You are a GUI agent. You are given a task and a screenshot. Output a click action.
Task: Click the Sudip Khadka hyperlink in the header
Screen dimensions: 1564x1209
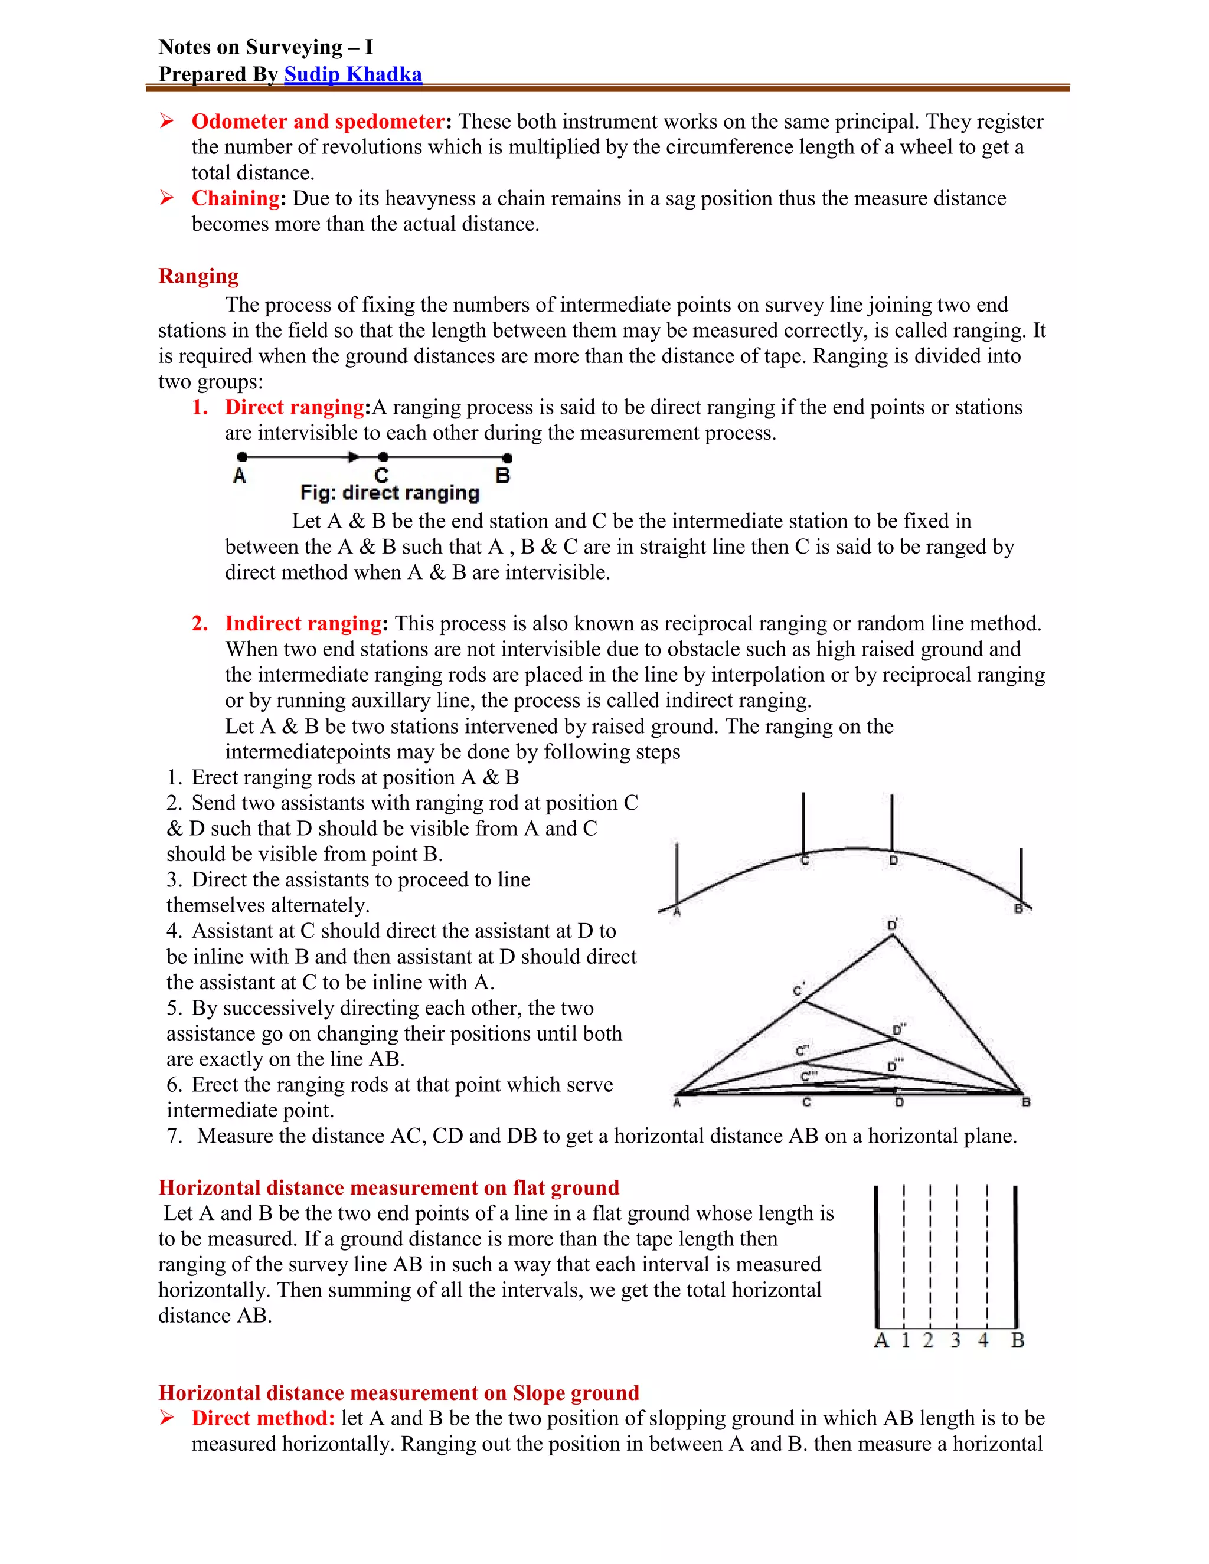point(352,74)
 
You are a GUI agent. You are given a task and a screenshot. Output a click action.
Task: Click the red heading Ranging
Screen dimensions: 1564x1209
point(198,276)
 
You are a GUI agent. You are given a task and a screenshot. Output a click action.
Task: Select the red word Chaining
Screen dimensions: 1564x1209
point(236,198)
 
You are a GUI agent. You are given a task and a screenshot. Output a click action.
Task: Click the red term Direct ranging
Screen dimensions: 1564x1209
point(295,407)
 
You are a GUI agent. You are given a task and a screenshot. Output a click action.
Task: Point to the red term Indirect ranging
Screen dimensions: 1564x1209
point(303,623)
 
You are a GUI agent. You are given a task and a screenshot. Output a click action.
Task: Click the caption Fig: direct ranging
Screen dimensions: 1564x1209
point(389,493)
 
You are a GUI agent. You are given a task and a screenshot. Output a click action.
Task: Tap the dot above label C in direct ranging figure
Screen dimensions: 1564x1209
point(383,457)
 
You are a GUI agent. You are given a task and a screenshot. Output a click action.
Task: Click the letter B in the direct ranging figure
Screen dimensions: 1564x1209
point(503,476)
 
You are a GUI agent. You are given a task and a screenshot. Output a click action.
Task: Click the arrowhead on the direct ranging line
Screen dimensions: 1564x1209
point(353,457)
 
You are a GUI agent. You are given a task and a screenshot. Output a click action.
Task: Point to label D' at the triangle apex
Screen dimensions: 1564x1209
point(893,924)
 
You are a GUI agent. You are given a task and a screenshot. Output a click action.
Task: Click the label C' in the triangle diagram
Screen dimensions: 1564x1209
point(799,990)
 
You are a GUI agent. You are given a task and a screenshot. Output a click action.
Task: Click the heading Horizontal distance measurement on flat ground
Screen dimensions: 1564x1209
point(388,1188)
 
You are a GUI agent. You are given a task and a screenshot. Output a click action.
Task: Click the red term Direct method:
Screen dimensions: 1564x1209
point(263,1419)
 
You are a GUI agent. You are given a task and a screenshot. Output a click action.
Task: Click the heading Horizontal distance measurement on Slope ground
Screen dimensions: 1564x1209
point(398,1393)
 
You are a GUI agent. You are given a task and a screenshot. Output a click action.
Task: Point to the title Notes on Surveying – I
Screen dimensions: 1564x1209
point(265,47)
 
